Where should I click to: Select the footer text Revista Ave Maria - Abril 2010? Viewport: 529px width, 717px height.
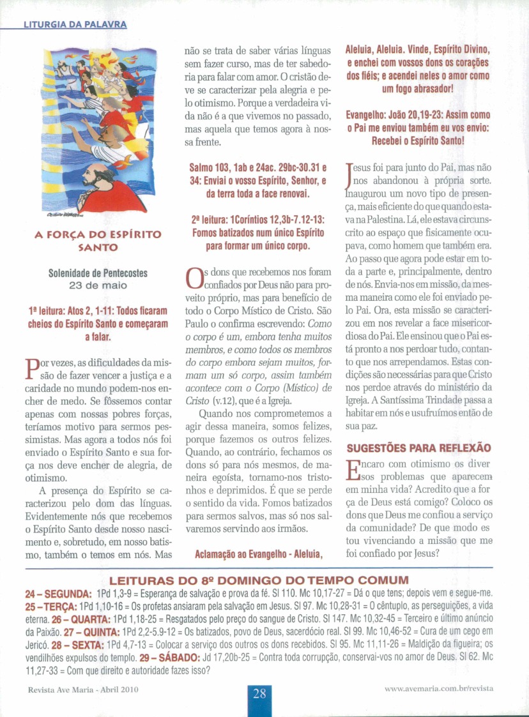coord(83,689)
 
